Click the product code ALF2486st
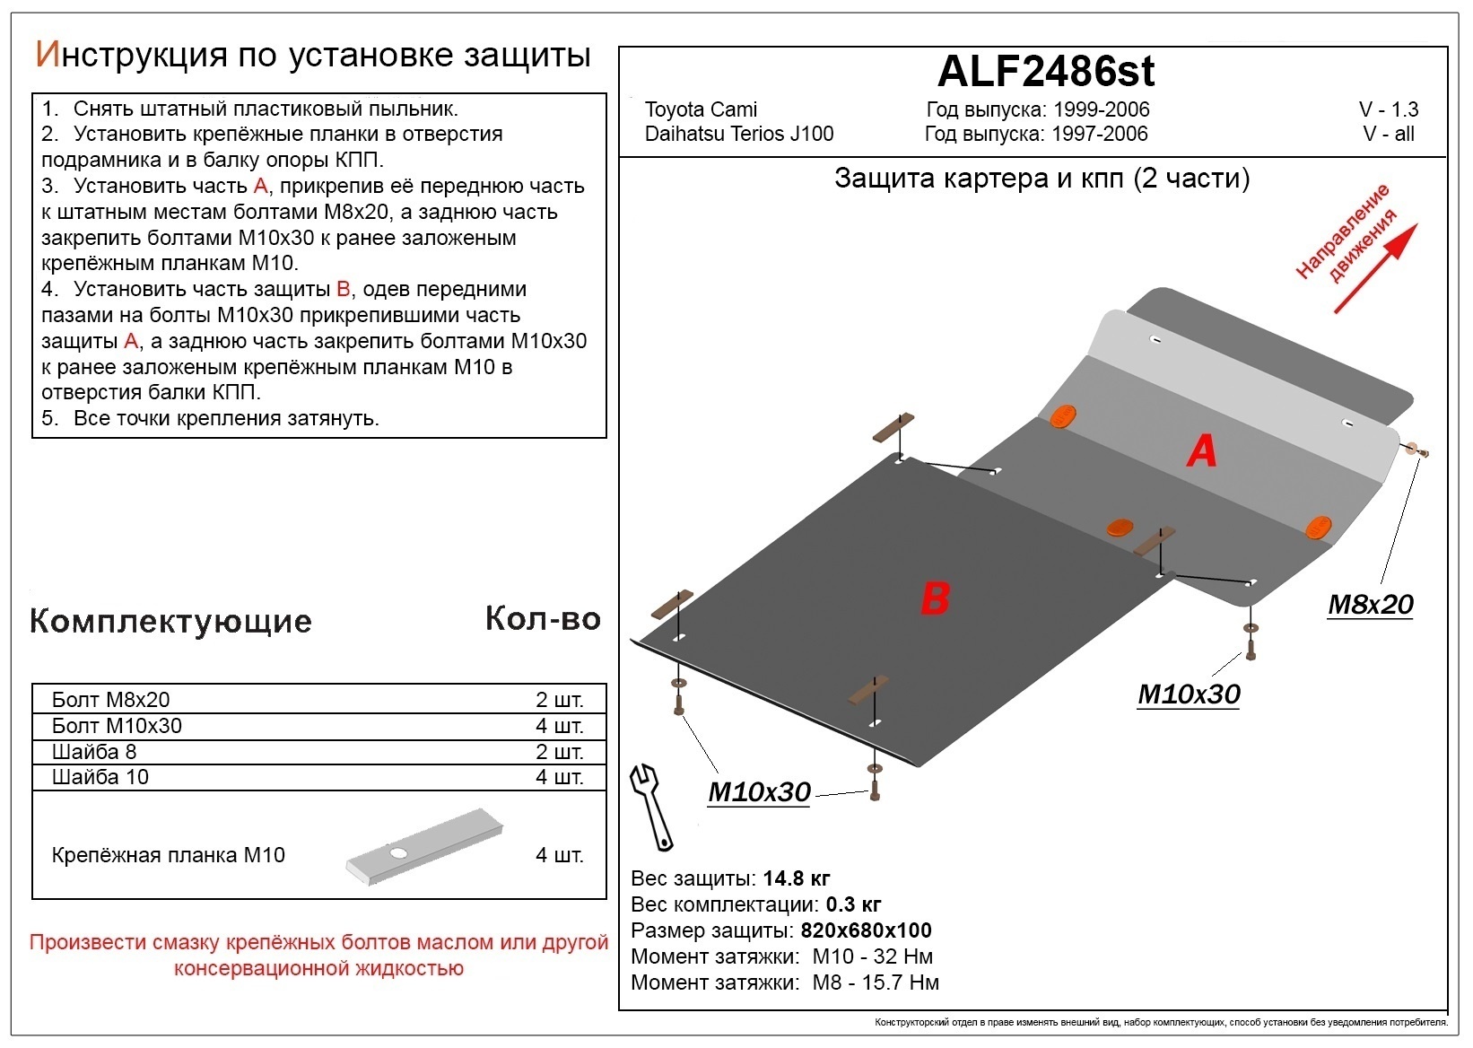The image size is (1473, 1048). click(1046, 72)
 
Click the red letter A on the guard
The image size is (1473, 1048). click(1201, 450)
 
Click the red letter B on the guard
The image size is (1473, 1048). click(935, 598)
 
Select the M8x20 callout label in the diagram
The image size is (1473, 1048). click(1370, 605)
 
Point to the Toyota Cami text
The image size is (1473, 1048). click(701, 109)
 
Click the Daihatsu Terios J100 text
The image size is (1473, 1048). click(738, 134)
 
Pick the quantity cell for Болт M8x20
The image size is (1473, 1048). click(559, 700)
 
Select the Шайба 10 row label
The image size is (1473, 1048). click(100, 777)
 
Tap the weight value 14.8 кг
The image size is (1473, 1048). click(796, 878)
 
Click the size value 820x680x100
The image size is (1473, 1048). click(866, 930)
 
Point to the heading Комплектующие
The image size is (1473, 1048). click(170, 621)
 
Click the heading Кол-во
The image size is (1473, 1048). click(542, 618)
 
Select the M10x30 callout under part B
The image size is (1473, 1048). click(759, 792)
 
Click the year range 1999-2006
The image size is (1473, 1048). click(1101, 109)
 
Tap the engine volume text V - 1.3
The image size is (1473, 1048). click(1388, 109)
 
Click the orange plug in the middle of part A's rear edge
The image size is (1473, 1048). click(1120, 528)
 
